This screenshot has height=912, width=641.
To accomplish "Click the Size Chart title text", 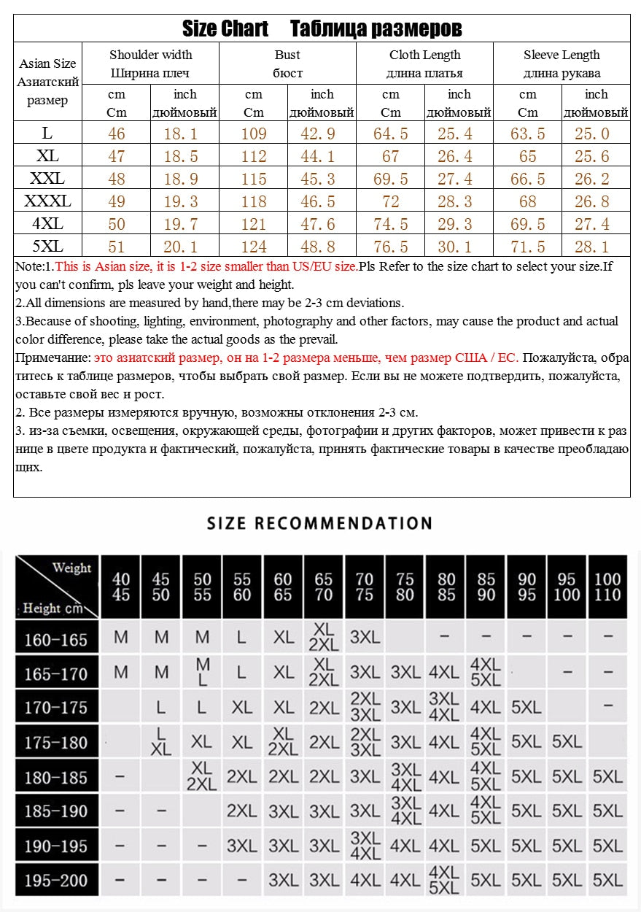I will (x=225, y=29).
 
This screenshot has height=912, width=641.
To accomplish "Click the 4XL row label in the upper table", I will (x=47, y=223).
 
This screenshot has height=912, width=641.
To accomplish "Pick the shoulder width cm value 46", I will (x=116, y=134).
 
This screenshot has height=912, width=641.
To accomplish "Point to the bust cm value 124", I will (x=253, y=247).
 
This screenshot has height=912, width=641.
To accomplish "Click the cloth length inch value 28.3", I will (x=459, y=201).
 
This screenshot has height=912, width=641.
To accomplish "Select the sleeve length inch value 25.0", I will (x=596, y=134).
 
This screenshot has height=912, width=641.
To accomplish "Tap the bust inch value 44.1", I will (x=322, y=156).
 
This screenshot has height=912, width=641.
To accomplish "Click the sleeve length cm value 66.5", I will (x=527, y=179).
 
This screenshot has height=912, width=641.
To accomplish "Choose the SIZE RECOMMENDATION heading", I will (x=319, y=523).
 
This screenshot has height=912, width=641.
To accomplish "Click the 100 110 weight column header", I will (x=607, y=587).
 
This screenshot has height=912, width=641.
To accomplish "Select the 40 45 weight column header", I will (x=121, y=587).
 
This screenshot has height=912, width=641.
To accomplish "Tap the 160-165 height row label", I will (x=55, y=639).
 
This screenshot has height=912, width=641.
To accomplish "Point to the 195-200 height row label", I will (x=55, y=881).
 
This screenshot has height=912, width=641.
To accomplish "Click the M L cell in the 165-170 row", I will (x=203, y=672).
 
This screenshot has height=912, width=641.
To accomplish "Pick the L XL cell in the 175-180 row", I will (x=161, y=741).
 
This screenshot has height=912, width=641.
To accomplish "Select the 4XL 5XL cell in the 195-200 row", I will (x=444, y=881).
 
